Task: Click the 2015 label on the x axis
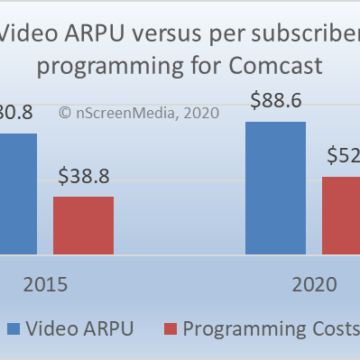[x=43, y=284]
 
